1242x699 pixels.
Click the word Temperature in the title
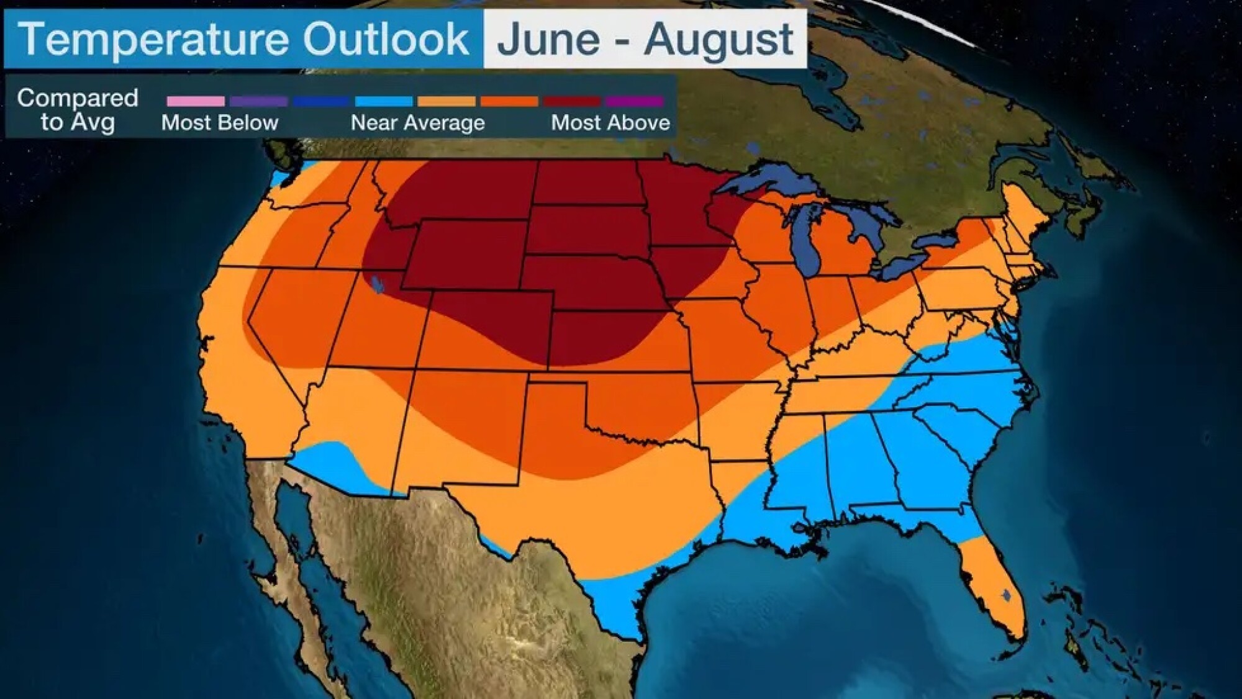[x=153, y=38]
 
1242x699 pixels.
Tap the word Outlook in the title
[x=386, y=38]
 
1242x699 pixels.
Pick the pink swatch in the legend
[x=196, y=101]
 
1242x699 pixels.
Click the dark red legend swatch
[x=572, y=101]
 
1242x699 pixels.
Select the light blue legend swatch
[x=384, y=101]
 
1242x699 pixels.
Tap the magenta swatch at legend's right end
[x=634, y=101]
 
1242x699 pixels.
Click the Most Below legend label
[x=220, y=123]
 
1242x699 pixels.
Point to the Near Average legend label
[x=417, y=123]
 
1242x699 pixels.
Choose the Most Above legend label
[x=610, y=123]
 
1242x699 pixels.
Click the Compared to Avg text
[x=78, y=109]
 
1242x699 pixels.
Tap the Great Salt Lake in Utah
[x=377, y=285]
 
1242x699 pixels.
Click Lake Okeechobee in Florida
[x=1007, y=595]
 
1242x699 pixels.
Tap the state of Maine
[x=1025, y=211]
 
